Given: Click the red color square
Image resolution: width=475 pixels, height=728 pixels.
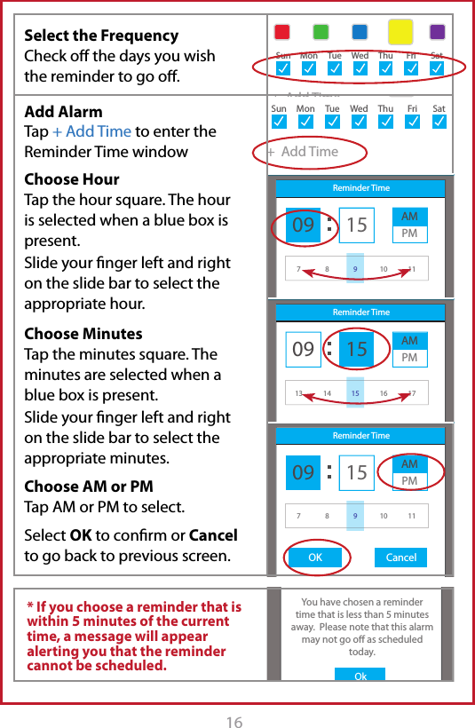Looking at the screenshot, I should tap(281, 32).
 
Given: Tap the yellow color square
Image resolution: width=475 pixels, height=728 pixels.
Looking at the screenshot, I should tap(400, 32).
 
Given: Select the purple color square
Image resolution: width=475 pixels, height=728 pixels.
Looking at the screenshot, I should tap(437, 32).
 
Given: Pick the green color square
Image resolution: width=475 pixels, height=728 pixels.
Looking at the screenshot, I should tap(321, 32).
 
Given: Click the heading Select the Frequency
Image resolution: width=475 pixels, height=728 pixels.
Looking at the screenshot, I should tap(101, 36).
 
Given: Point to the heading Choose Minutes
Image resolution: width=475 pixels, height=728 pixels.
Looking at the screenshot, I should tap(83, 334).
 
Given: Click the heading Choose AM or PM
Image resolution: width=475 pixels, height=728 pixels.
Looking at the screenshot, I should tap(89, 487).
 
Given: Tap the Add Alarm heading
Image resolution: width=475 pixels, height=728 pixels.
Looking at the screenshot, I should tap(63, 112).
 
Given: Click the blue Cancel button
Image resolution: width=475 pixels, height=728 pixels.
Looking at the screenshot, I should tap(401, 558).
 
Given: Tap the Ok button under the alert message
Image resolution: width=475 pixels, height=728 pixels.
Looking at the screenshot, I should tap(360, 676).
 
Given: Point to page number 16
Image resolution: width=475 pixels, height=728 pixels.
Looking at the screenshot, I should tap(234, 723).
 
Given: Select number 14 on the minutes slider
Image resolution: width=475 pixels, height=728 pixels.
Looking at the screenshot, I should tap(328, 392).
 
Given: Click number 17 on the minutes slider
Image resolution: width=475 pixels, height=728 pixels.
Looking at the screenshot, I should tap(411, 392).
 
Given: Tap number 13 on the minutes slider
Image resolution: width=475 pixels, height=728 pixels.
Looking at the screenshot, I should tap(299, 392).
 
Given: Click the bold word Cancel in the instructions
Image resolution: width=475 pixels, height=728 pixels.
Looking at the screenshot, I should tap(213, 536).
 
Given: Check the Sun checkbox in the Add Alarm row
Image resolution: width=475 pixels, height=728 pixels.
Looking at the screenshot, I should tap(279, 123).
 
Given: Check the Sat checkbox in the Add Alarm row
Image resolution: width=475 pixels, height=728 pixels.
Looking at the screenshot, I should tap(439, 123).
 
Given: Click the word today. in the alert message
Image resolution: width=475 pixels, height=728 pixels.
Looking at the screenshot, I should tap(360, 652).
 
